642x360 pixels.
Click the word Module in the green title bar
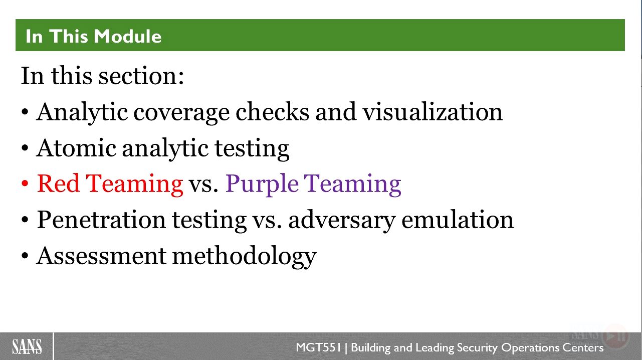click(x=127, y=37)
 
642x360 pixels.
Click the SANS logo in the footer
click(x=27, y=346)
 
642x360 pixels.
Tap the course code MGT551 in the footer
click(x=318, y=347)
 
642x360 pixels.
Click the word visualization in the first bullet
click(x=433, y=112)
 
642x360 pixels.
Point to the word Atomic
click(x=76, y=148)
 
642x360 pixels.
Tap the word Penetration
click(x=101, y=220)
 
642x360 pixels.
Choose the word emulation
click(x=458, y=220)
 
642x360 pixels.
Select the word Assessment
click(x=101, y=256)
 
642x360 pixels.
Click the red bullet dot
click(x=25, y=184)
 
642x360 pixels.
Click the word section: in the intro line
click(x=141, y=76)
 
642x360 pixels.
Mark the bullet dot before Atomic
click(x=25, y=148)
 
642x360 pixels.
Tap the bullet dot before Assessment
click(x=25, y=256)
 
